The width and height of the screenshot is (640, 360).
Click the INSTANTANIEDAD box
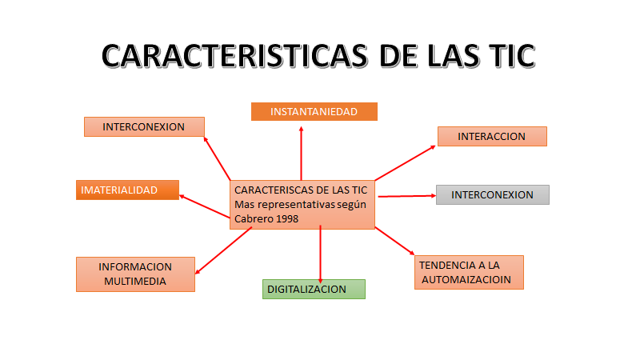(314, 112)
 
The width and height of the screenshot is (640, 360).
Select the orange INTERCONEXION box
(144, 126)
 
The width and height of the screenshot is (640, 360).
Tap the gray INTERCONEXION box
(492, 194)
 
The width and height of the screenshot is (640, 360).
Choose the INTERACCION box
(491, 137)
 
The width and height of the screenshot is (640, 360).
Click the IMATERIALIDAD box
(128, 190)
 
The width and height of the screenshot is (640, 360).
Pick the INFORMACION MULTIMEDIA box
(135, 274)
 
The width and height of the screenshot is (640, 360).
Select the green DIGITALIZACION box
(314, 289)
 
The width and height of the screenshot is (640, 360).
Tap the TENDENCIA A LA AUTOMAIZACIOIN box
(470, 272)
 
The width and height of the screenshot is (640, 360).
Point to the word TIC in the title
(504, 57)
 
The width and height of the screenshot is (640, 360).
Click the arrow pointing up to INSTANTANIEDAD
(302, 152)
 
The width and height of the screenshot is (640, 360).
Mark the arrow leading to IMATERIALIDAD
(205, 205)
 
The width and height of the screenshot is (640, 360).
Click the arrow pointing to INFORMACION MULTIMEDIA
(224, 250)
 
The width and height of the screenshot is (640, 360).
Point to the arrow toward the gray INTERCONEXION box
(406, 195)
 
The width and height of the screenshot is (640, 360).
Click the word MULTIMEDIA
(135, 281)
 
